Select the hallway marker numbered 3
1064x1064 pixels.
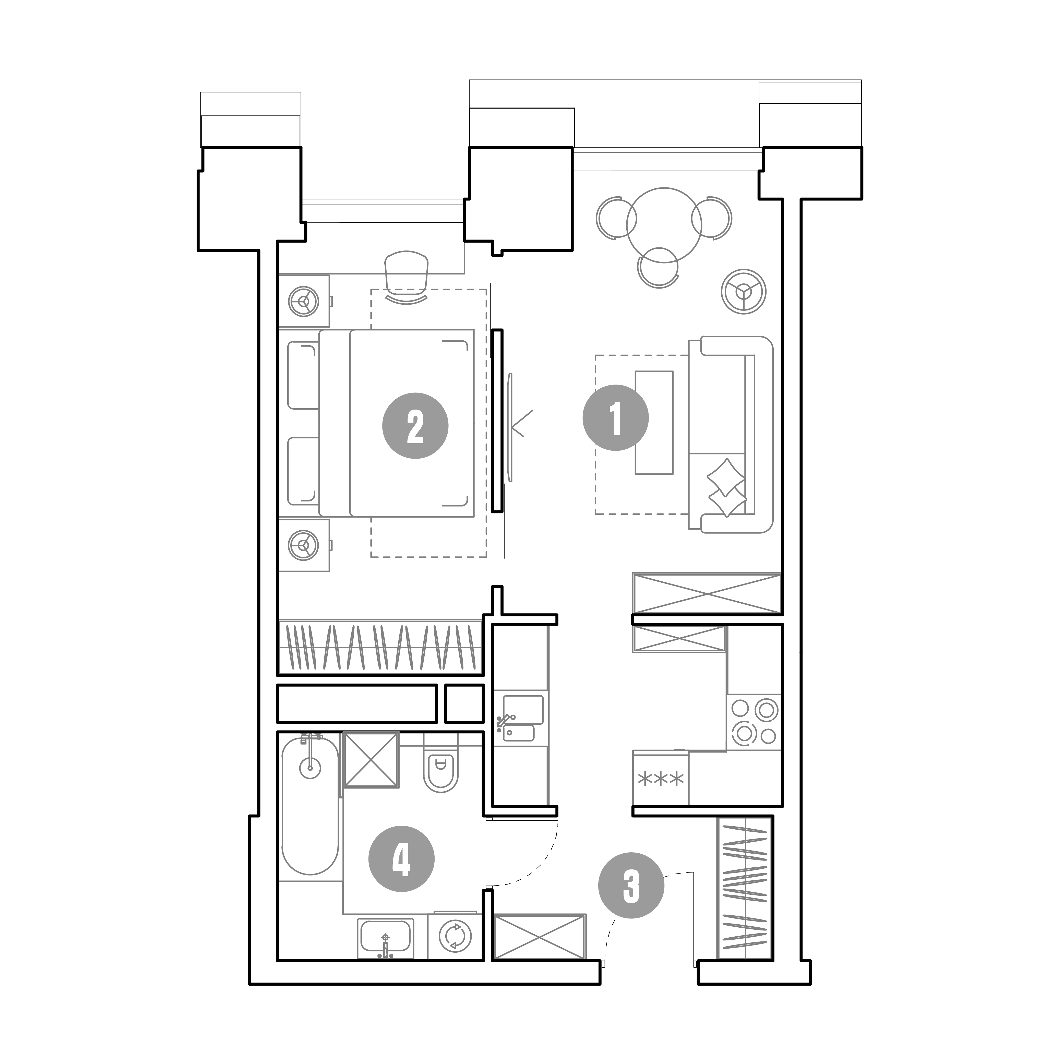[x=631, y=886]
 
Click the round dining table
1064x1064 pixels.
[x=664, y=225]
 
